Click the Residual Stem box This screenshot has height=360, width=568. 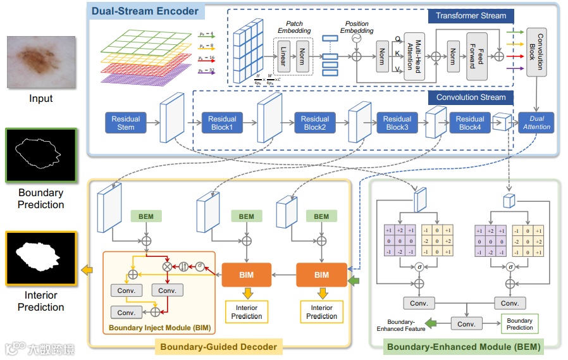coord(126,123)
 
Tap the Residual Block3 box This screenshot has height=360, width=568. coord(397,123)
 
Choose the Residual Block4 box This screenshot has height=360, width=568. coord(470,123)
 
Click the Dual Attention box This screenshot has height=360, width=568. coord(536,123)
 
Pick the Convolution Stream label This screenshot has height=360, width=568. coord(471,97)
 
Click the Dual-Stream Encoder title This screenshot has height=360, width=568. coord(145,11)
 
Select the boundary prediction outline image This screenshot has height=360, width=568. coord(41,155)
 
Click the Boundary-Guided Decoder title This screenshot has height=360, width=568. coord(218,347)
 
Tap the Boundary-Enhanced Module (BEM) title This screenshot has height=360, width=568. coord(464,347)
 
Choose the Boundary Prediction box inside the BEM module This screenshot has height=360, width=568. coord(519,324)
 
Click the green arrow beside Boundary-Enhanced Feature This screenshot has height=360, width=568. coord(433,323)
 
